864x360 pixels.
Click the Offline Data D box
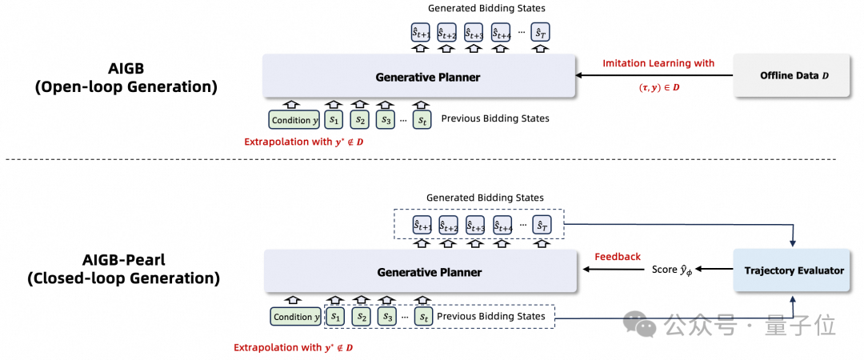[x=792, y=75]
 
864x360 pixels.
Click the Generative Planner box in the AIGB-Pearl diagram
[x=421, y=271]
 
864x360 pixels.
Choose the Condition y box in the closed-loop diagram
[x=296, y=317]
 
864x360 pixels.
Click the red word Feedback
[x=618, y=256]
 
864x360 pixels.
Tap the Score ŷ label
[x=672, y=270]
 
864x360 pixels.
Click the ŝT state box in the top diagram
[x=541, y=33]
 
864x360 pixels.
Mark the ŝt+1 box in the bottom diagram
[x=423, y=225]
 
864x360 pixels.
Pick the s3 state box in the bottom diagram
[x=387, y=317]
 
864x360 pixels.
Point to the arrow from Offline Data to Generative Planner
[x=655, y=76]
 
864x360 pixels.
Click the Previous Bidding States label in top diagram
[x=495, y=118]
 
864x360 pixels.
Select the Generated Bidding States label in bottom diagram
[x=486, y=198]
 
